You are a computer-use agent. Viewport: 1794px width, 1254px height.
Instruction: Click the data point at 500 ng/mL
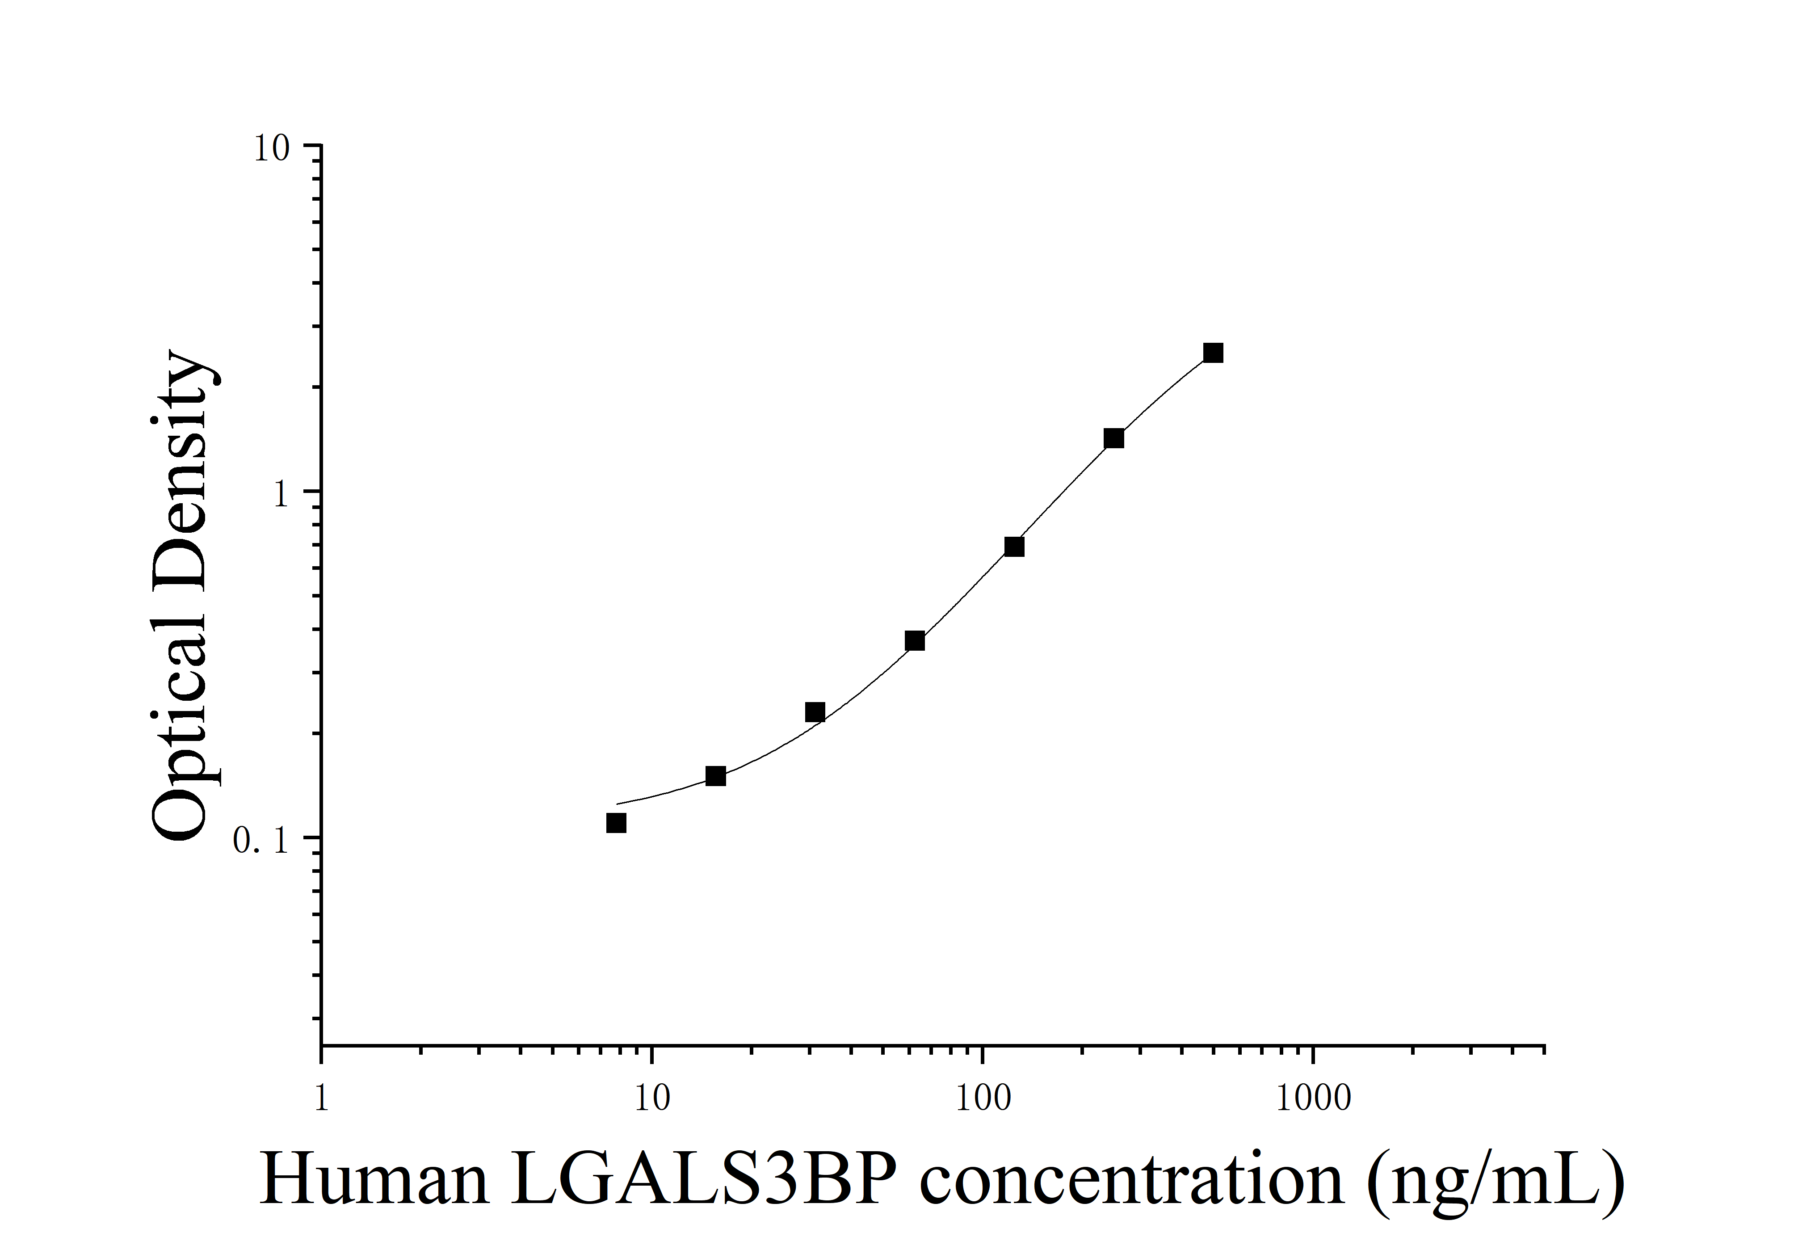point(1213,353)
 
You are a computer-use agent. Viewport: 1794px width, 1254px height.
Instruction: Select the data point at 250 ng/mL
point(1113,438)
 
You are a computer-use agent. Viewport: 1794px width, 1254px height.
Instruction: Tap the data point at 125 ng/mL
point(1014,547)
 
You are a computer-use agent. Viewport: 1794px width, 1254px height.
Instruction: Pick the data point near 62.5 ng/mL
point(915,641)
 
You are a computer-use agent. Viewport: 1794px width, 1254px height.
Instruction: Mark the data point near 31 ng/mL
point(815,712)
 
